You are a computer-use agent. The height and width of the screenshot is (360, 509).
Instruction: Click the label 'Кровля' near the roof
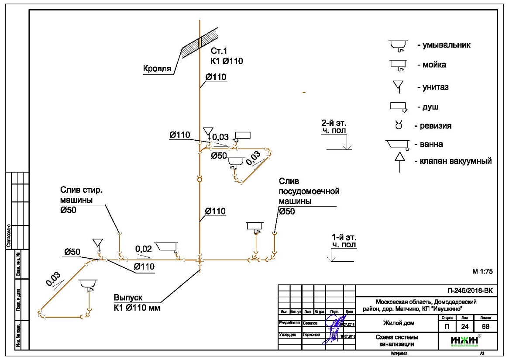tap(157, 68)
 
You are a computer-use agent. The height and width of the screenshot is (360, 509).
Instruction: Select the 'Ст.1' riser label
tap(219, 51)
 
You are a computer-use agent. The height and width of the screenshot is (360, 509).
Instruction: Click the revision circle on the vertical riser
tap(200, 179)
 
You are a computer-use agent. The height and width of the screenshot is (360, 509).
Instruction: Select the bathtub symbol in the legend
tap(397, 144)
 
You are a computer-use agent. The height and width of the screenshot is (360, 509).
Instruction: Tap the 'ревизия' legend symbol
tap(398, 126)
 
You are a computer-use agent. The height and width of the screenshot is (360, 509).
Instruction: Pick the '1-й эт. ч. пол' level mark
tap(344, 241)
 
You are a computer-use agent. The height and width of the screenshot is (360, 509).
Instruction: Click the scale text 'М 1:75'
tap(482, 271)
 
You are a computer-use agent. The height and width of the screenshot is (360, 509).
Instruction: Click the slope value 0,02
tap(144, 249)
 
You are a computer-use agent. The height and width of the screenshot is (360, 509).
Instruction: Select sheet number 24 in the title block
tap(466, 326)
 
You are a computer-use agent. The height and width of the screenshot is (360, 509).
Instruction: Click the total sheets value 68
tap(485, 326)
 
